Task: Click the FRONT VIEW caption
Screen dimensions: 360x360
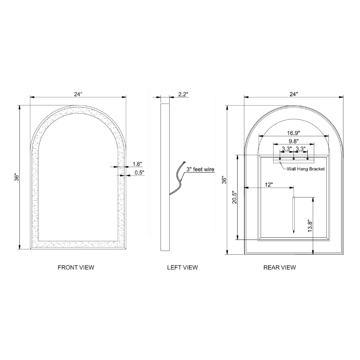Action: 76,267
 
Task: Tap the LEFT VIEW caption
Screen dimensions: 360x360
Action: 182,267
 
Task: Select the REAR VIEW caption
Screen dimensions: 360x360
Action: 279,267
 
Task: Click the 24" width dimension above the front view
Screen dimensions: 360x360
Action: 78,94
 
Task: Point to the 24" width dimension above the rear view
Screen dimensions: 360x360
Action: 293,94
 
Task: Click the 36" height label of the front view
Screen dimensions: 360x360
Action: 17,177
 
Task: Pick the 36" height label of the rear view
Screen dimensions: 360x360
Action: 224,180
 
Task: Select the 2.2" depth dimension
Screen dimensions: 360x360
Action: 183,94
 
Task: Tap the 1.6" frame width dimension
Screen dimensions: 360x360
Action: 138,165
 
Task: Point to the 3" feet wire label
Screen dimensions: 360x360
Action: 200,170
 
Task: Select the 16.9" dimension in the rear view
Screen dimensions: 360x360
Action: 293,133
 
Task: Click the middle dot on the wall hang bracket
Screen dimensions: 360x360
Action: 294,158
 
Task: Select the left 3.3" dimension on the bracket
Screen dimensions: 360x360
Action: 287,148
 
